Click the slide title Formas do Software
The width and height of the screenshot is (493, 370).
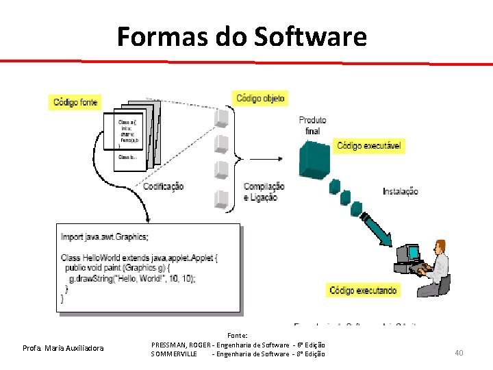[241, 36]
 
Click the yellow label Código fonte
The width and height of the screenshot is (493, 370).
[75, 103]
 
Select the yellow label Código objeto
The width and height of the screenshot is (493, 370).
[261, 98]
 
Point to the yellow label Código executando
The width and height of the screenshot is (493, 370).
[363, 291]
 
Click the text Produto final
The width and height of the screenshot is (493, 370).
[312, 125]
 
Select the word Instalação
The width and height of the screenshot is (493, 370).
[400, 191]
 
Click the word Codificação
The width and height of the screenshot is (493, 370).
[163, 186]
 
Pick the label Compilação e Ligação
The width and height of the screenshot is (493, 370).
[264, 192]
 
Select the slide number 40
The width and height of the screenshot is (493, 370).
[459, 353]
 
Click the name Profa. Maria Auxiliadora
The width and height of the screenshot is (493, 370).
[63, 348]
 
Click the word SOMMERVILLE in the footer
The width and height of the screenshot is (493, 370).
[174, 354]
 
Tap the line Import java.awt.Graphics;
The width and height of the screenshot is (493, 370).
[104, 237]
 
